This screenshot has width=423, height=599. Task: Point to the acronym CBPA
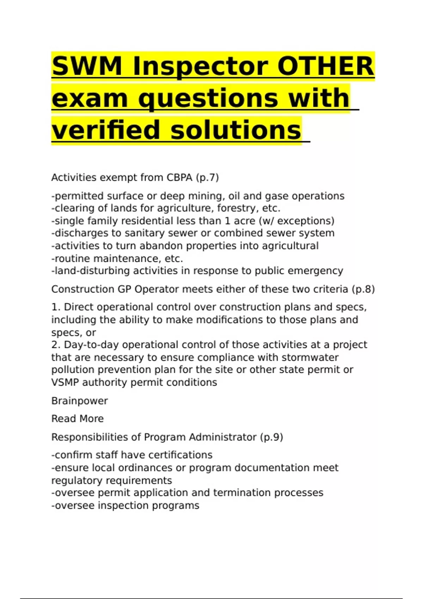179,177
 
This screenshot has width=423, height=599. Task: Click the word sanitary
156,233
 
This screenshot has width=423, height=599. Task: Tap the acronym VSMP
65,382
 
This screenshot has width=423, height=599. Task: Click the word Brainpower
80,401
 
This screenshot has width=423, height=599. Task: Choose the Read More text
78,419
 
